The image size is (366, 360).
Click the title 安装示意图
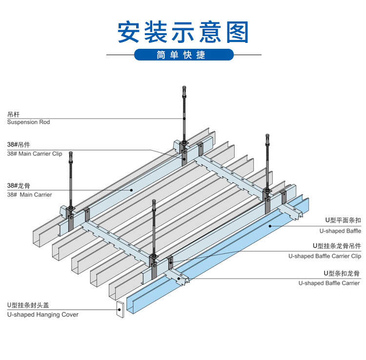click(183, 32)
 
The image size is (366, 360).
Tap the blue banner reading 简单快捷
click(183, 55)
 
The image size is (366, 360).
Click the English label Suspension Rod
click(28, 122)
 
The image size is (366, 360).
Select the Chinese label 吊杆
click(13, 114)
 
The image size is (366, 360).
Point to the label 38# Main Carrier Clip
click(35, 154)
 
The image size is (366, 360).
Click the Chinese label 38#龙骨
click(18, 186)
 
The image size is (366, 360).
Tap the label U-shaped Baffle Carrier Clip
click(325, 256)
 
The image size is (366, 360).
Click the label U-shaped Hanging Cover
click(42, 315)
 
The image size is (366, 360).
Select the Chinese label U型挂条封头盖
click(28, 305)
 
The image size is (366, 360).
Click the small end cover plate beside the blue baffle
click(120, 310)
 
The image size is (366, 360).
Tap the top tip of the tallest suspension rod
click(184, 87)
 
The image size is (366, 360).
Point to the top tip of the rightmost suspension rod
click(267, 136)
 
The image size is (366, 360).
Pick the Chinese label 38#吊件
click(19, 145)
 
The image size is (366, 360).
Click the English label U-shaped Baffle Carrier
click(329, 283)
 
